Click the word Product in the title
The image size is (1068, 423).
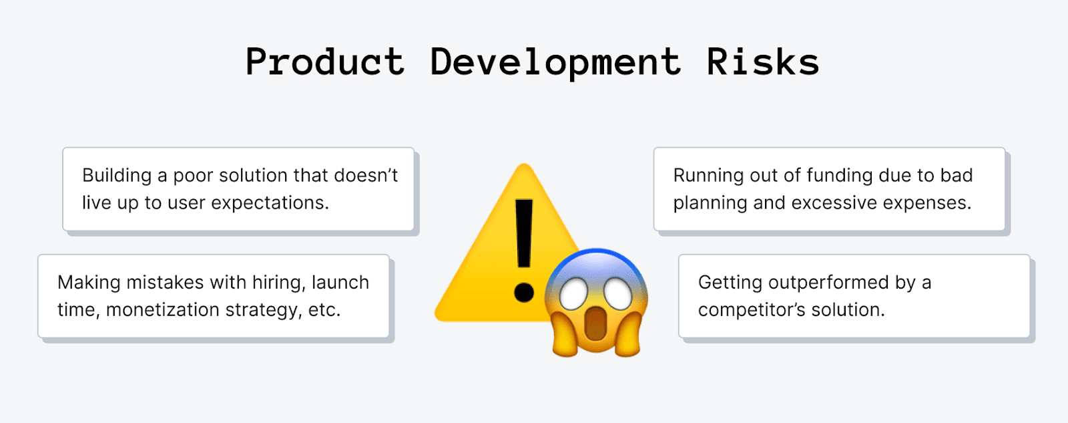[325, 62]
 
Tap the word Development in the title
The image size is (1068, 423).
[555, 62]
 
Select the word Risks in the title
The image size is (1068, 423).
[762, 62]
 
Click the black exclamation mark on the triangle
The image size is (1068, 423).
[524, 234]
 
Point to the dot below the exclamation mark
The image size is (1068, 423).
[524, 292]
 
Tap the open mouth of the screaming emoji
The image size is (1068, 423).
[595, 325]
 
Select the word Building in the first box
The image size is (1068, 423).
[117, 176]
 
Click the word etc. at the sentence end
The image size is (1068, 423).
[324, 310]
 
